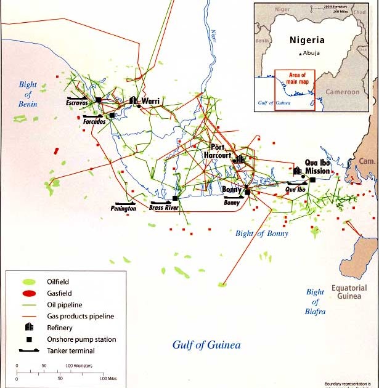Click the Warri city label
point(150,101)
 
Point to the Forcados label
point(94,122)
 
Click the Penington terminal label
point(123,209)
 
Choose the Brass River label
point(163,208)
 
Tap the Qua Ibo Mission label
point(317,167)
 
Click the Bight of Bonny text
point(262,233)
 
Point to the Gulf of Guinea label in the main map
point(206,345)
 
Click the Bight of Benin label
point(28,94)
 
